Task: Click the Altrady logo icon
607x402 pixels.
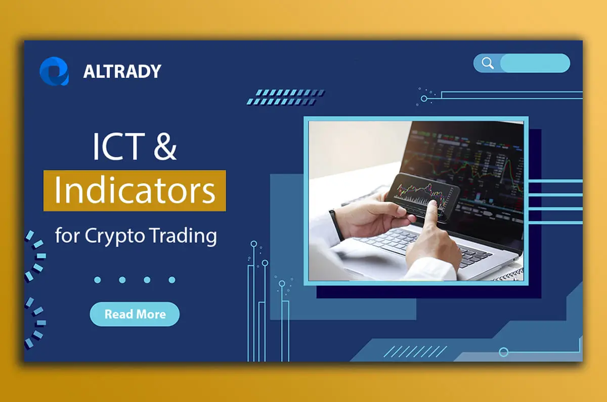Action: point(54,71)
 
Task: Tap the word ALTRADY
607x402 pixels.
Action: point(122,72)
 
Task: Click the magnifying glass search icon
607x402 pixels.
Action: point(488,63)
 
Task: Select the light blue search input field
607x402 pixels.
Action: point(535,63)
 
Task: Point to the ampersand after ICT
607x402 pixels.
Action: point(163,146)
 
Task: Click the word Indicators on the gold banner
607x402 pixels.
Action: point(135,190)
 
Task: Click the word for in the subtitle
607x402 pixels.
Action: point(67,235)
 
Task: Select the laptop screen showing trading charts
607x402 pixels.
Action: point(470,162)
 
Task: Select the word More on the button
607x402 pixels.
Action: point(150,314)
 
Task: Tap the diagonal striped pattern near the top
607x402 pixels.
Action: point(286,97)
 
